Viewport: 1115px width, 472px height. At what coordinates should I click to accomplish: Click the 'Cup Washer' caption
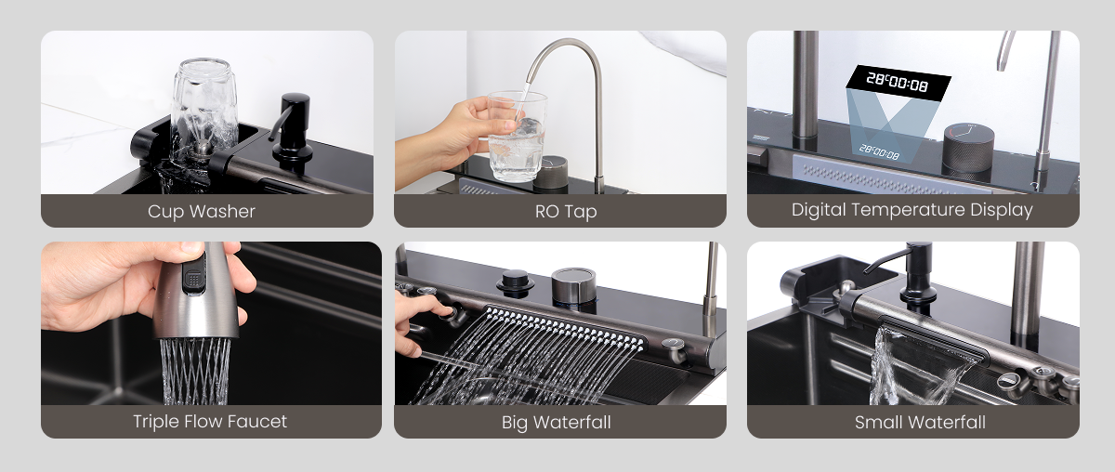click(201, 212)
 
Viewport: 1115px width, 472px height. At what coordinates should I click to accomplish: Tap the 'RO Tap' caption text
click(566, 212)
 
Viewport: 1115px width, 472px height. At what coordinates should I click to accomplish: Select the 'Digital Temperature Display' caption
click(912, 210)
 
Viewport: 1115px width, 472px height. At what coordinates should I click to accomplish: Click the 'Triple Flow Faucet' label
click(210, 422)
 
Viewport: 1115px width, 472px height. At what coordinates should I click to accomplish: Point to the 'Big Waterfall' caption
click(556, 423)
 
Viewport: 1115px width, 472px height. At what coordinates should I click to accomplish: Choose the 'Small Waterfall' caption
click(920, 422)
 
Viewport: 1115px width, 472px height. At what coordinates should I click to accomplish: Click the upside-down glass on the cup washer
click(204, 107)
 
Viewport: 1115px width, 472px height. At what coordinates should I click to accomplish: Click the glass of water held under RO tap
click(517, 136)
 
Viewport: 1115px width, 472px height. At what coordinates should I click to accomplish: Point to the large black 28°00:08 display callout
click(899, 83)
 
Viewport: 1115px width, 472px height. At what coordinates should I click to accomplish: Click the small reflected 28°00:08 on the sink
click(879, 151)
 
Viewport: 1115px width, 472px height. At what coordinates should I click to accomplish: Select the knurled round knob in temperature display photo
click(968, 148)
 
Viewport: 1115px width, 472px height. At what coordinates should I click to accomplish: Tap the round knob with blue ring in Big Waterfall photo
click(573, 287)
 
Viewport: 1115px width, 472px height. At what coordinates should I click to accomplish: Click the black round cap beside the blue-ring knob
click(515, 282)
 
